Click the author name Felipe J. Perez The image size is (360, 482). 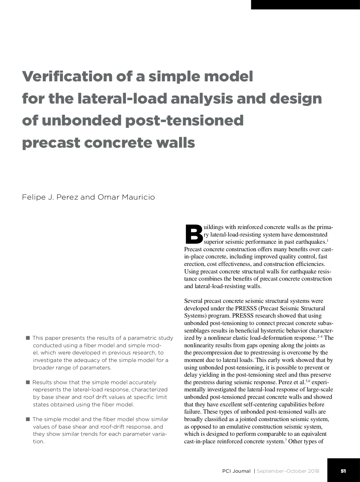click(50, 197)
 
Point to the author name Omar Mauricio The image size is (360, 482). click(126, 197)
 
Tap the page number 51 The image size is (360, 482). click(343, 471)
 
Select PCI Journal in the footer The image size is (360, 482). click(236, 471)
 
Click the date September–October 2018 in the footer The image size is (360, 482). click(288, 471)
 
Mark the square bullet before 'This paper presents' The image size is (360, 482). click(28, 338)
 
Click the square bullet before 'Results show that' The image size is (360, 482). click(28, 382)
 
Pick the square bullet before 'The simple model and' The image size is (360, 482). click(28, 419)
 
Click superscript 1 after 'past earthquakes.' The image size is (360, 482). click(327, 241)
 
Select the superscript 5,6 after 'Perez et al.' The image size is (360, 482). click(307, 381)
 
